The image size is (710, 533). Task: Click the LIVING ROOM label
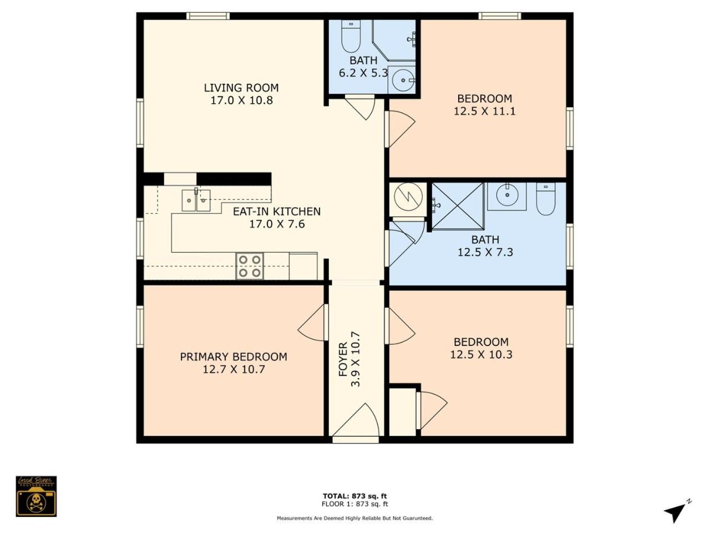241,88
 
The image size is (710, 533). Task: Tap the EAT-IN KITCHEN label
277,212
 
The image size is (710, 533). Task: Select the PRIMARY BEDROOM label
234,356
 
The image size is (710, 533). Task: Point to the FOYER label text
343,359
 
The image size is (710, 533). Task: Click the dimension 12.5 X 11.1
485,112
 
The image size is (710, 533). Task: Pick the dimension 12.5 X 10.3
481,355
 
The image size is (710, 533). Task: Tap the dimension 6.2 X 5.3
363,73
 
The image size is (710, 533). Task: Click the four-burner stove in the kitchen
250,266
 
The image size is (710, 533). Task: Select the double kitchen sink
196,200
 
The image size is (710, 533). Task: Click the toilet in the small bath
351,36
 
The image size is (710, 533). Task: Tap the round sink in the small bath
403,79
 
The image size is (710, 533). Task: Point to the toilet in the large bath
546,199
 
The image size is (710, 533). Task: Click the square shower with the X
458,206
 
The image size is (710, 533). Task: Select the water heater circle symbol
408,197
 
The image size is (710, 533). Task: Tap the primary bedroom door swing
311,323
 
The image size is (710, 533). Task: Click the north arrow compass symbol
677,512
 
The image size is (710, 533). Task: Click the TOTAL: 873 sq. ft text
355,496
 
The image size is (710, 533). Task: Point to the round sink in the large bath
507,194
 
